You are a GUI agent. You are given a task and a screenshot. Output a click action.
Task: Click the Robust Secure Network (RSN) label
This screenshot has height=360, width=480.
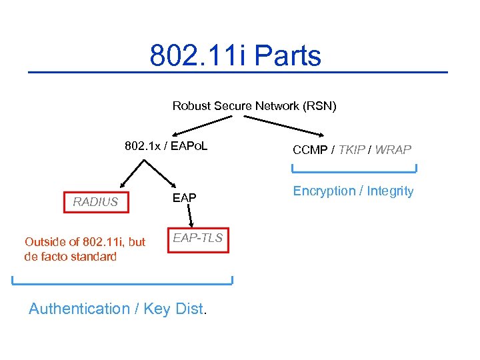tap(254, 106)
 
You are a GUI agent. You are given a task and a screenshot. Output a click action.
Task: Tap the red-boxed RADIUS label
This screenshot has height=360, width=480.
tap(95, 201)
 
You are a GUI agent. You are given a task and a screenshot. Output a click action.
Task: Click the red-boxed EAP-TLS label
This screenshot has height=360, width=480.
tap(198, 239)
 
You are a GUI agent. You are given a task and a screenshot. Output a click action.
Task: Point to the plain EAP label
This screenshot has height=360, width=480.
tap(185, 197)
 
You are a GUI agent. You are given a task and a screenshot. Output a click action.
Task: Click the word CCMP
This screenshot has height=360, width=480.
tap(310, 150)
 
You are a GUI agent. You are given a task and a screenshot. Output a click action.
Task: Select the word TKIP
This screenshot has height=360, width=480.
tap(351, 150)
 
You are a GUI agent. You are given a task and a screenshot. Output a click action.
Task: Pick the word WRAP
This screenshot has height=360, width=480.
tap(393, 150)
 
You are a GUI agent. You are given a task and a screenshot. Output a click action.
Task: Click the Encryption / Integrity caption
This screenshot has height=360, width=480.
tap(353, 191)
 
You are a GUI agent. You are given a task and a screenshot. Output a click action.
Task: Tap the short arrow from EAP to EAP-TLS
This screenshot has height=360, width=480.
tap(190, 216)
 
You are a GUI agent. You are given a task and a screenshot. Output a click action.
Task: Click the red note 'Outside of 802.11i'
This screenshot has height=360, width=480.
tap(85, 249)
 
